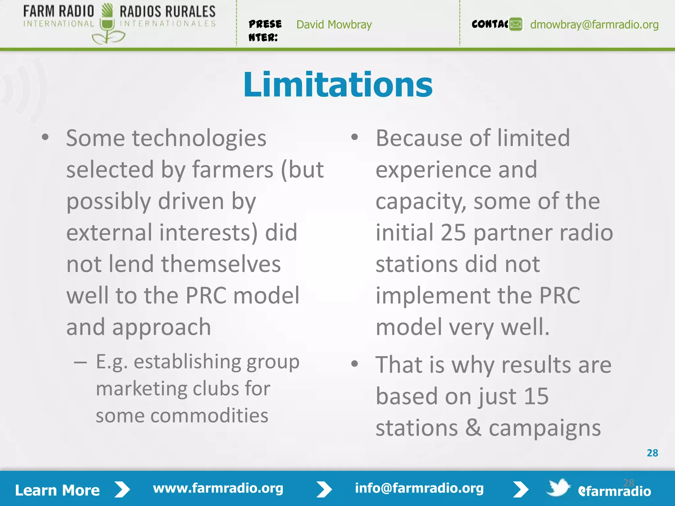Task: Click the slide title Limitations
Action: coord(338,85)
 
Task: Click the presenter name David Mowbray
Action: coord(334,25)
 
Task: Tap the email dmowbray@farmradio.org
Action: coord(594,25)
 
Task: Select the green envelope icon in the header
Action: coord(516,24)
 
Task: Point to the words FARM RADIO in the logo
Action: coord(59,12)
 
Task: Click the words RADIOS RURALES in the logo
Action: coord(167,12)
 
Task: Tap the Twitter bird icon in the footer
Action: coord(558,488)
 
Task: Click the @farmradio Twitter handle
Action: coord(615,491)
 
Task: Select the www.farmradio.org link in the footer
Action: coord(218,488)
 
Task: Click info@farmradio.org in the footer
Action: coord(419,488)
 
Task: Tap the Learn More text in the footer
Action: coord(57,490)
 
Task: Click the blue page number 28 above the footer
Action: coord(652,453)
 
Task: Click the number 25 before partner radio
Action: coord(453,233)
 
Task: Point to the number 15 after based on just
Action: coord(536,396)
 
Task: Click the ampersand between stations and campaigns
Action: coord(473,428)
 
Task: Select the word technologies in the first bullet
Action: coord(199,138)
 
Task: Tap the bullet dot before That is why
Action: coord(355,364)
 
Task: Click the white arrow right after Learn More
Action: coord(122,490)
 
